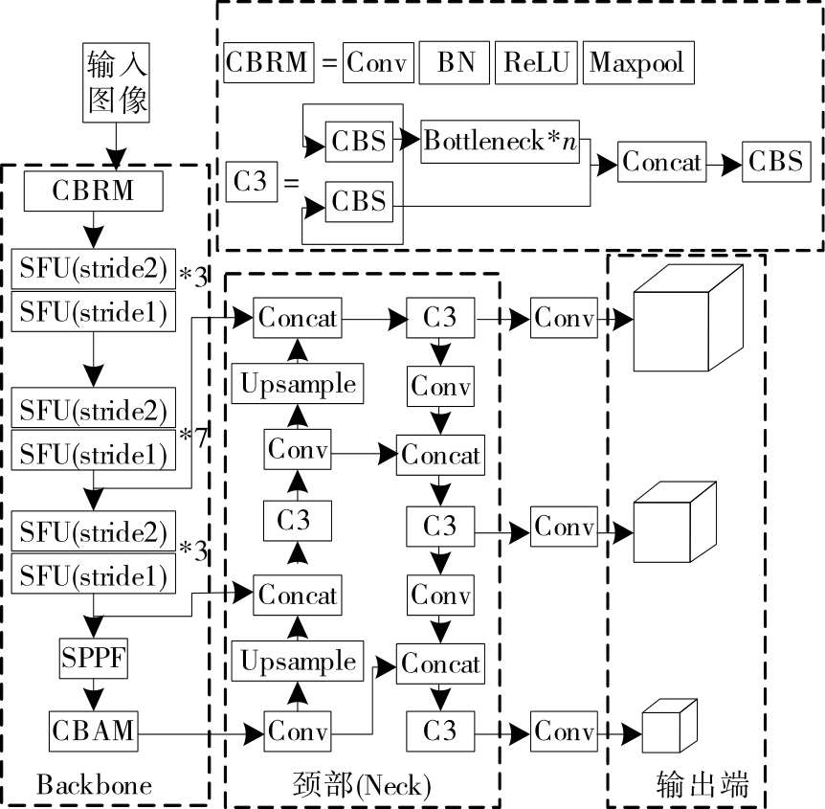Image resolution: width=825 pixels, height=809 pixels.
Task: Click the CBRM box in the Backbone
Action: point(94,191)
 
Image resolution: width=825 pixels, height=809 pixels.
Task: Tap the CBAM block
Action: point(94,732)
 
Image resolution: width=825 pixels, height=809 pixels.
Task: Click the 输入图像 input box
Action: point(118,83)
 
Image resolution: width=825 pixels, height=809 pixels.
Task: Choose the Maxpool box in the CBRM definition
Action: point(636,63)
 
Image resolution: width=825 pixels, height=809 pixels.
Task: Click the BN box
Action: point(454,63)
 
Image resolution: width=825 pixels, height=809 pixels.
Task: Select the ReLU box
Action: point(535,63)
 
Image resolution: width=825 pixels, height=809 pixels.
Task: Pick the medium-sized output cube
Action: point(675,526)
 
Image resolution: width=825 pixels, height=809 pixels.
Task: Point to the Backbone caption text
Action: point(94,786)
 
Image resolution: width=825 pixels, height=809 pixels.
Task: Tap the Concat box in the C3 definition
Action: point(661,162)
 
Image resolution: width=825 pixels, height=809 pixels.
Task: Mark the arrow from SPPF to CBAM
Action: point(94,692)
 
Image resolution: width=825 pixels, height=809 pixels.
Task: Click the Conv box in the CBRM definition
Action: point(378,63)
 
